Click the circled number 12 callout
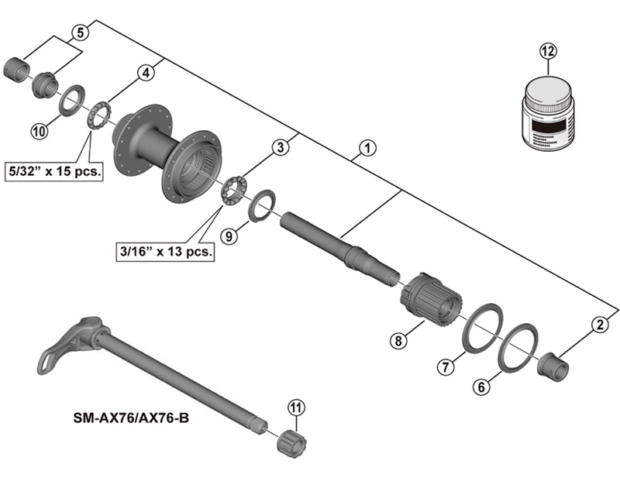(549, 51)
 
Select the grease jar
(549, 113)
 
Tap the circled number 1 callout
(367, 148)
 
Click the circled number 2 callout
(600, 325)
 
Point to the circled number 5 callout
(81, 33)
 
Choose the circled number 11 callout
(297, 408)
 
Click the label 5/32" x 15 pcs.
(54, 171)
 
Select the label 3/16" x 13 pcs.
(165, 251)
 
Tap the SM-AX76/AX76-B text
(131, 418)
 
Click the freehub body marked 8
(431, 300)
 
